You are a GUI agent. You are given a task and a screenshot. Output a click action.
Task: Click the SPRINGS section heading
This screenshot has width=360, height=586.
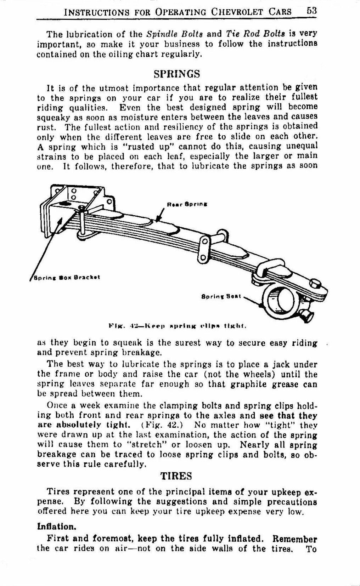(x=177, y=74)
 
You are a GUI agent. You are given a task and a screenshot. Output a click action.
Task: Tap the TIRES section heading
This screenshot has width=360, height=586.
(x=176, y=476)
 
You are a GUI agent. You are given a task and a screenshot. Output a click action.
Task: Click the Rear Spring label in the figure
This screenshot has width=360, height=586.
(x=187, y=205)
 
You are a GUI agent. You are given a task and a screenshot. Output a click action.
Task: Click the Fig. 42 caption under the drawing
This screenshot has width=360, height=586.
(x=178, y=325)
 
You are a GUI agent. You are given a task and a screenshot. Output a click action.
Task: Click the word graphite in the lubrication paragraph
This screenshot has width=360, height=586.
(x=250, y=384)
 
